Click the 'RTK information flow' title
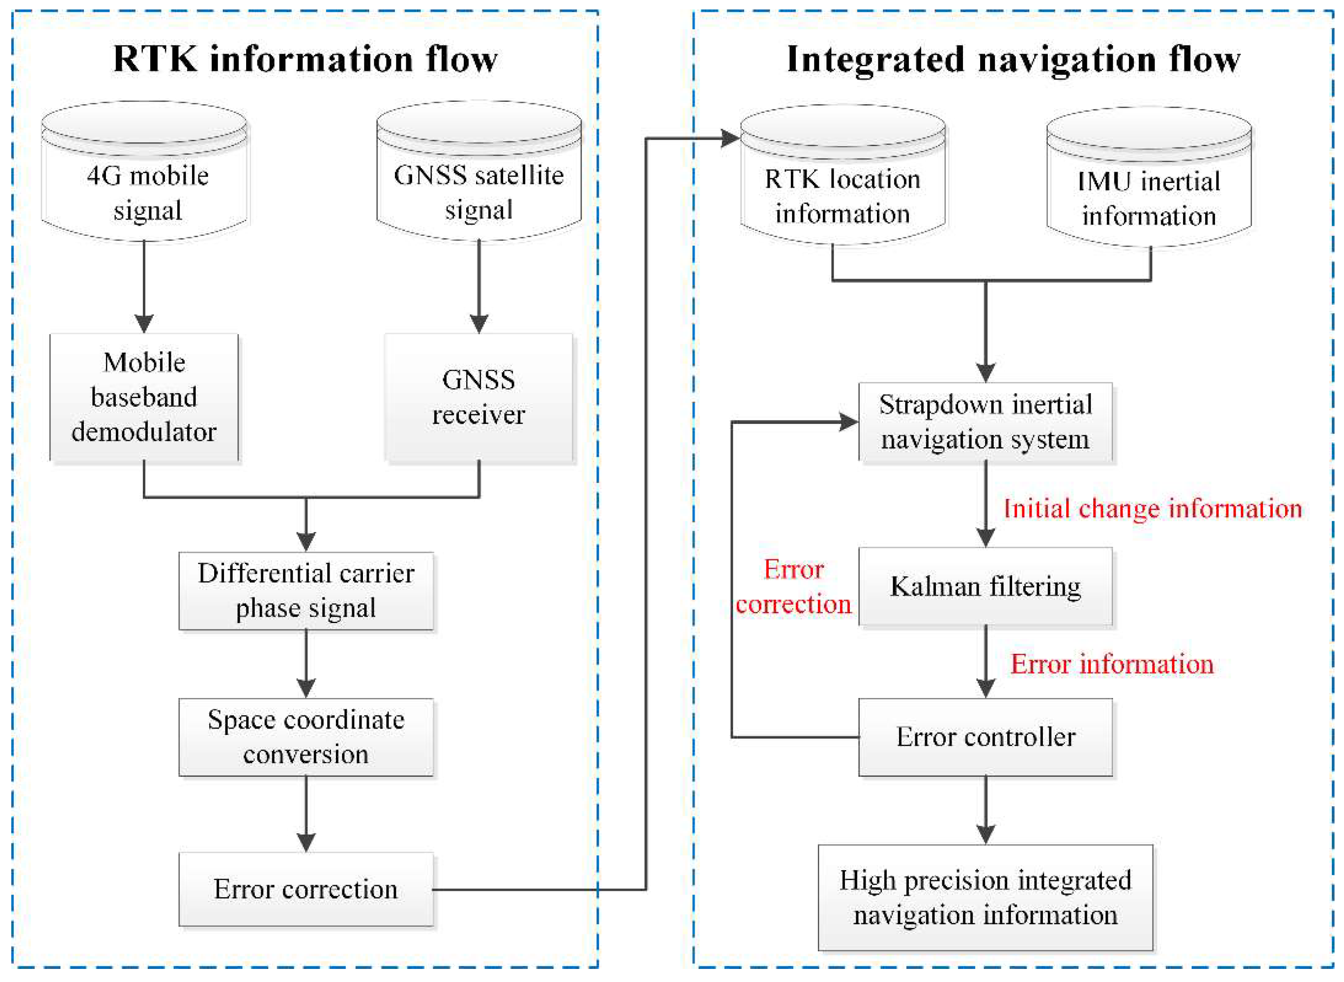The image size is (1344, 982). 305,60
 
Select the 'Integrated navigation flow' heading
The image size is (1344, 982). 1013,60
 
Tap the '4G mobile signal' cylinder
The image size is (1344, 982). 144,179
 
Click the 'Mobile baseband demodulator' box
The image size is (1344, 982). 144,397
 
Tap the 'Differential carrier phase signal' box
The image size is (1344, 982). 306,591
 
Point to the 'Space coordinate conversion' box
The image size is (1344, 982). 306,737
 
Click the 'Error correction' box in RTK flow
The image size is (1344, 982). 306,889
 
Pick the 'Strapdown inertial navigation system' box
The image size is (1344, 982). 985,422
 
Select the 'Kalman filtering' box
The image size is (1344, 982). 985,586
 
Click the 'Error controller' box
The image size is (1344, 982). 985,737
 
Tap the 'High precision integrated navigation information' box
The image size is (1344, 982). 985,898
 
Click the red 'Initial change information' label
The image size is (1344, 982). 1152,509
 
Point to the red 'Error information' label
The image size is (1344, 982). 1111,664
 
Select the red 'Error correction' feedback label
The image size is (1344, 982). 793,587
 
